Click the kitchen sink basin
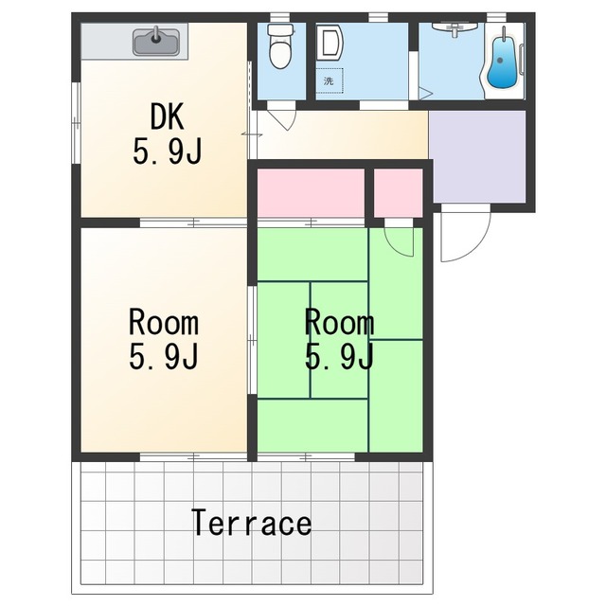(155, 43)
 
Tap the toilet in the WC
(280, 46)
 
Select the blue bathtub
(502, 64)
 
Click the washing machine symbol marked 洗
(330, 80)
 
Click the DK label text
(167, 116)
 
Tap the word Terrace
(252, 523)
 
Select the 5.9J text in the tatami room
(339, 356)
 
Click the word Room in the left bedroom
(164, 322)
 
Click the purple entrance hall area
(478, 156)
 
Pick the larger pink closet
(311, 192)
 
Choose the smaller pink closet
(398, 192)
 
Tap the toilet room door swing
(287, 120)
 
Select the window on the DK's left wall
(76, 123)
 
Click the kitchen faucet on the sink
(155, 34)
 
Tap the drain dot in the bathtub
(500, 61)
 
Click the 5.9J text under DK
(167, 151)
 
